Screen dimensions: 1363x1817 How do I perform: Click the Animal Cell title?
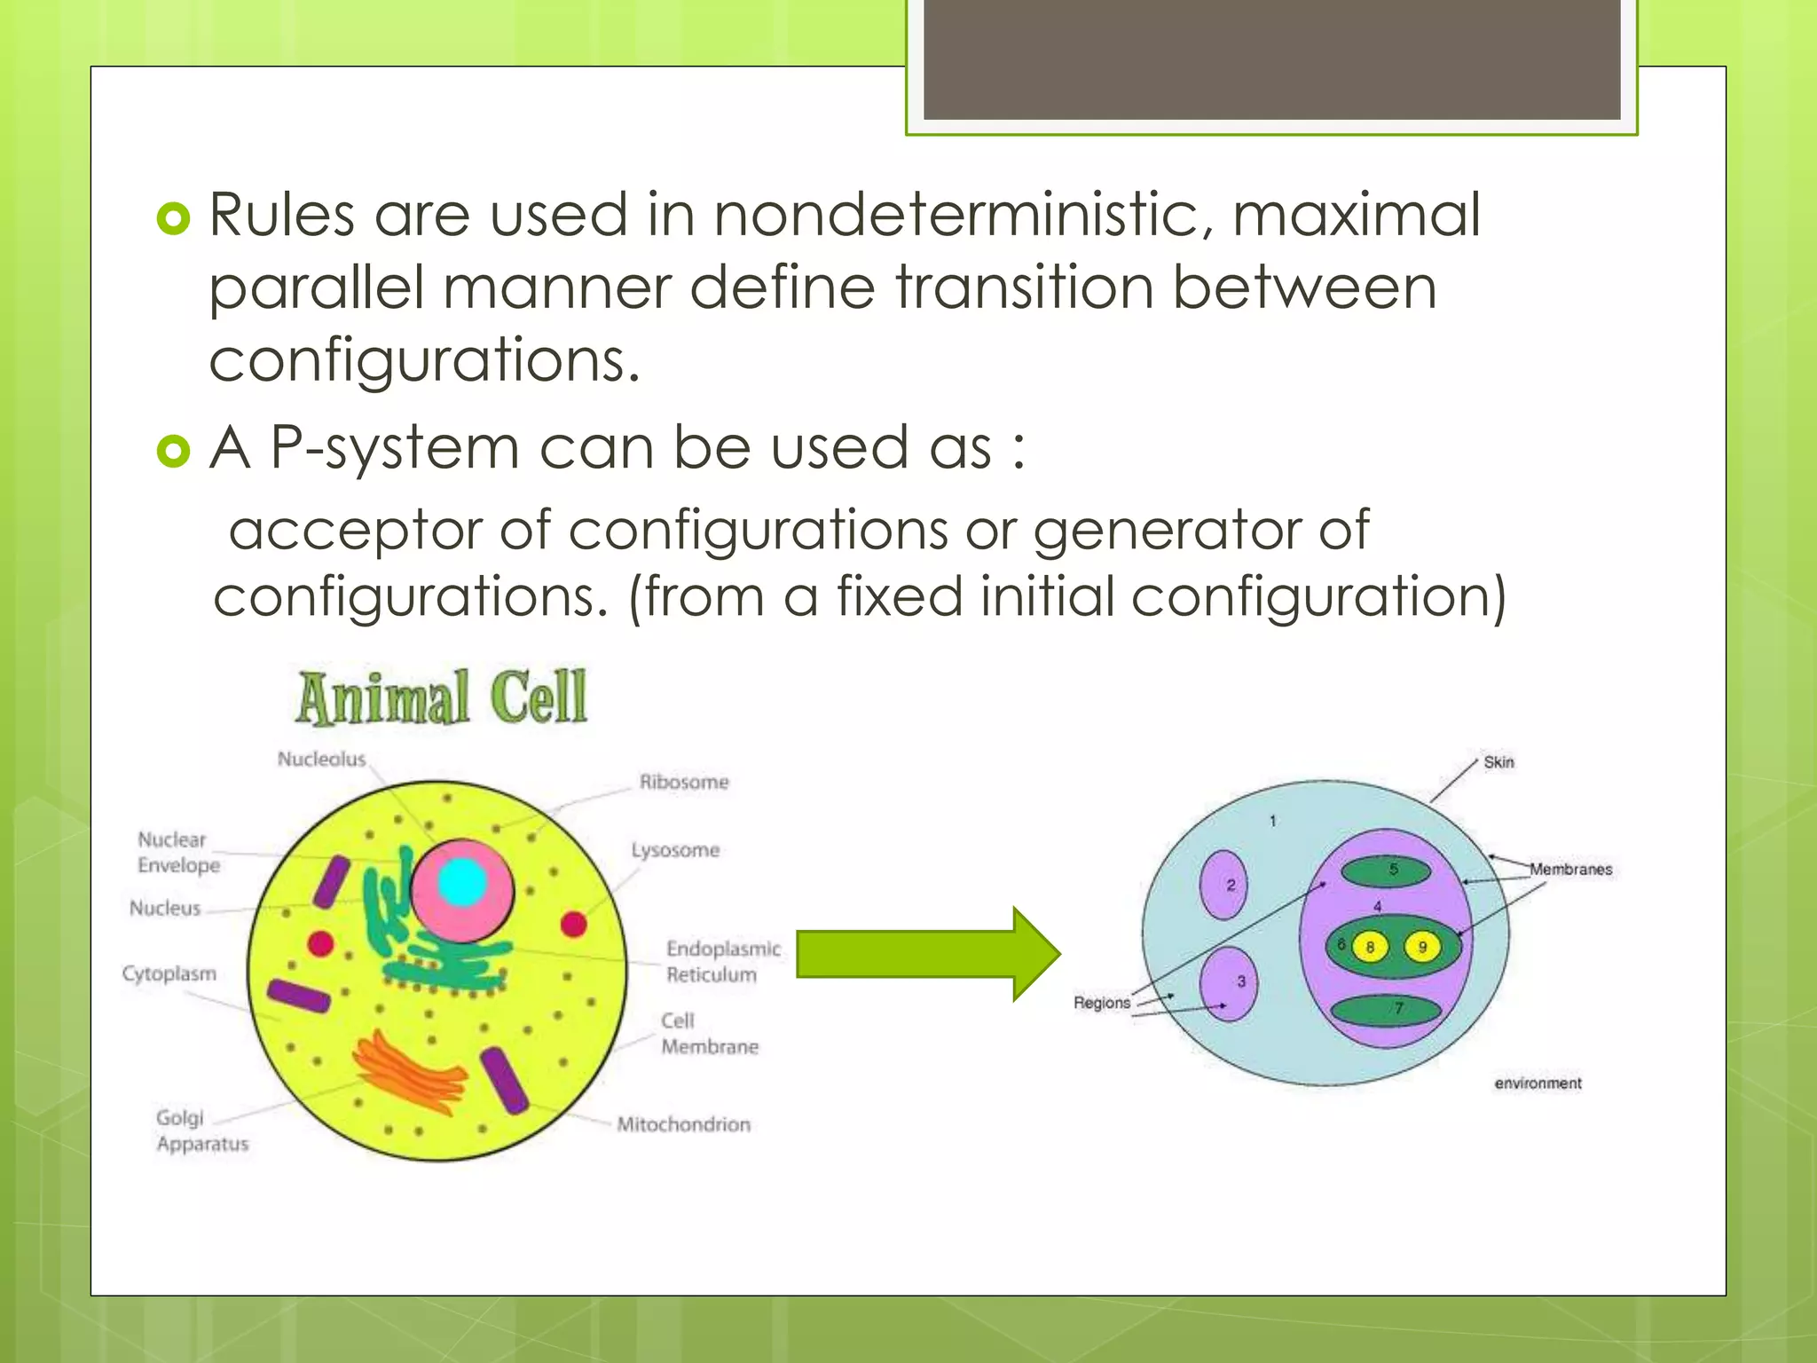coord(441,697)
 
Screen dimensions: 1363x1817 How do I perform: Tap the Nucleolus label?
coord(321,760)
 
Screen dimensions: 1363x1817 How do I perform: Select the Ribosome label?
coord(684,783)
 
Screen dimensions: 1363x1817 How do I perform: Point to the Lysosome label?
coord(675,850)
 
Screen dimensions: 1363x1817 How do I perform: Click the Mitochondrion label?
coord(683,1124)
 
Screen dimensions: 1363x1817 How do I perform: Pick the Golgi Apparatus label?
coord(201,1131)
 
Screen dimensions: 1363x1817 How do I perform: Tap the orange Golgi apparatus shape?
coord(410,1075)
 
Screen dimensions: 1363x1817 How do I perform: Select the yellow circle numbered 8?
coord(1370,948)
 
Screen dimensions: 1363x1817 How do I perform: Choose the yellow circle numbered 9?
coord(1422,948)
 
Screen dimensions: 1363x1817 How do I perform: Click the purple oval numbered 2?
coord(1223,885)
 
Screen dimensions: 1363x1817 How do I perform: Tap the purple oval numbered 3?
coord(1229,983)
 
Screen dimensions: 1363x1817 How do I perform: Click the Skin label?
coord(1498,762)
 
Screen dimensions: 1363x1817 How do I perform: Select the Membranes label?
coord(1570,870)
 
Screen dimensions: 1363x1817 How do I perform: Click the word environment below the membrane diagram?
coord(1538,1083)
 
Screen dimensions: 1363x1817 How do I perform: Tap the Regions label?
coord(1102,1003)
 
